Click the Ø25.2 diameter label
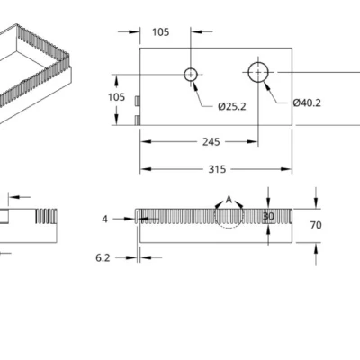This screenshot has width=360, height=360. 231,107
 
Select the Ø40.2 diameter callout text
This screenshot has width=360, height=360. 307,102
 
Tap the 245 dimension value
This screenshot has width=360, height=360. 211,140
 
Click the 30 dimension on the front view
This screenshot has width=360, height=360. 268,217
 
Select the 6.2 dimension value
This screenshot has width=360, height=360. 103,257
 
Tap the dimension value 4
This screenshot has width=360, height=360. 104,219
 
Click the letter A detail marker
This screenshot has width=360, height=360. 229,198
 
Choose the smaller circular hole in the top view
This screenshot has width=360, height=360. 192,74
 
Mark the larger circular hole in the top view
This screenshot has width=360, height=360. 259,71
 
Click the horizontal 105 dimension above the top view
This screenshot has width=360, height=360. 160,32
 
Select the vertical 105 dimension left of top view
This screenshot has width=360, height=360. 116,97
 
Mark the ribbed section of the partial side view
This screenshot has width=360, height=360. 45,216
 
